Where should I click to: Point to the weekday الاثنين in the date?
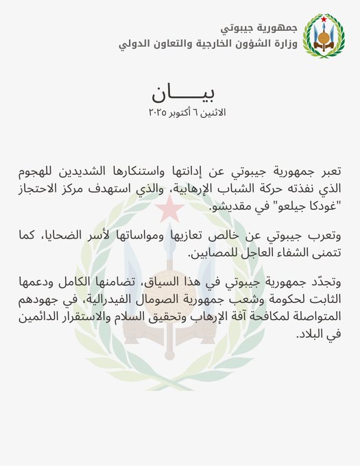214,111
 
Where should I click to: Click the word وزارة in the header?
284,45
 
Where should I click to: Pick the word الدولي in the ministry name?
136,45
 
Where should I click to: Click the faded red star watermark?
181,207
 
